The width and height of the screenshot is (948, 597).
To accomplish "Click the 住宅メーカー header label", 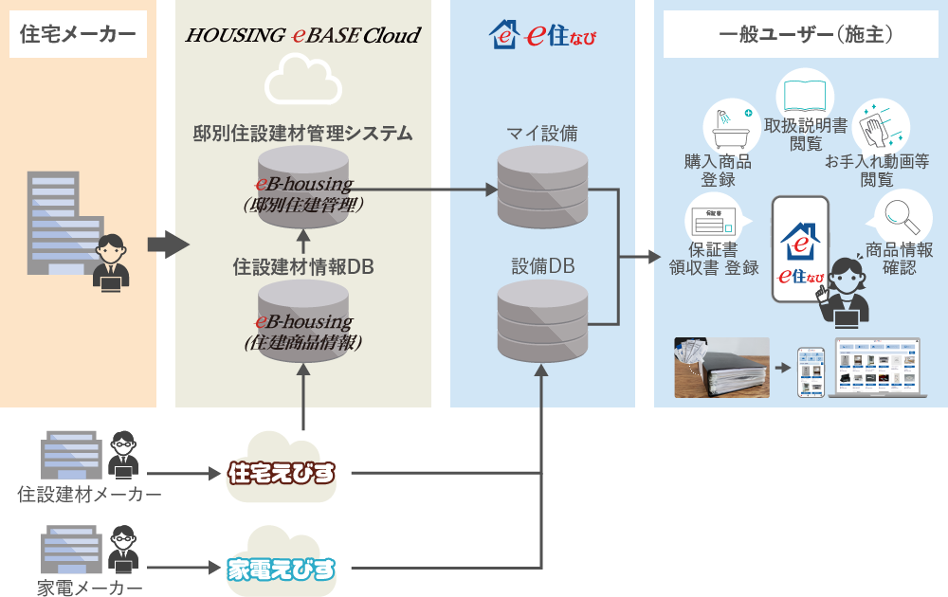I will (x=78, y=35).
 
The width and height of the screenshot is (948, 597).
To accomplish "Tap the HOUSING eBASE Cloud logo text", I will (x=302, y=36).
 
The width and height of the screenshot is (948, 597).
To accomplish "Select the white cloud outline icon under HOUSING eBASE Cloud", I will (x=302, y=81).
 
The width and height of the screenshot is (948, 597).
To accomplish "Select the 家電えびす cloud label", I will (x=283, y=569).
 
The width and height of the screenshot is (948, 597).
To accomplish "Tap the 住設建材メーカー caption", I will (x=89, y=495).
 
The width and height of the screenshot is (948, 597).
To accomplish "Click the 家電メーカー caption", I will (x=90, y=588).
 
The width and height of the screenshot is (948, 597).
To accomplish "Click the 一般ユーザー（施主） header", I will (x=800, y=35).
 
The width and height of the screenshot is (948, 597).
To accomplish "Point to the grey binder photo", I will (x=720, y=368).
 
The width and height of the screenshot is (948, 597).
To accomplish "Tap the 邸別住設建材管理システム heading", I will (x=302, y=134).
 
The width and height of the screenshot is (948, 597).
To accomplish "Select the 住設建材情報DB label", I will (x=302, y=268).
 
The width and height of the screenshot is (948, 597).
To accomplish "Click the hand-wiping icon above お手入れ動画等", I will (x=879, y=127).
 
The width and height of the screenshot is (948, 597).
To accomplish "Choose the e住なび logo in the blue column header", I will (x=542, y=36).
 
